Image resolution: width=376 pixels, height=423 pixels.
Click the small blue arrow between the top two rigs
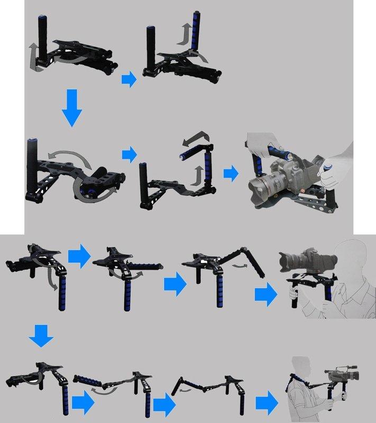129,80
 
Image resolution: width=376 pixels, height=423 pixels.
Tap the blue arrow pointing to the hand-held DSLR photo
231,174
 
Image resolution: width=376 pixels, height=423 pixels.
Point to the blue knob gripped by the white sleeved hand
327,166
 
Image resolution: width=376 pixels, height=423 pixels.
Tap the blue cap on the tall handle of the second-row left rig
32,140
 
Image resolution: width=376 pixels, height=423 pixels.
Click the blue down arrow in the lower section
40,336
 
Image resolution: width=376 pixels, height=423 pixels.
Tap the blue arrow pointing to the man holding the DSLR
265,294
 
